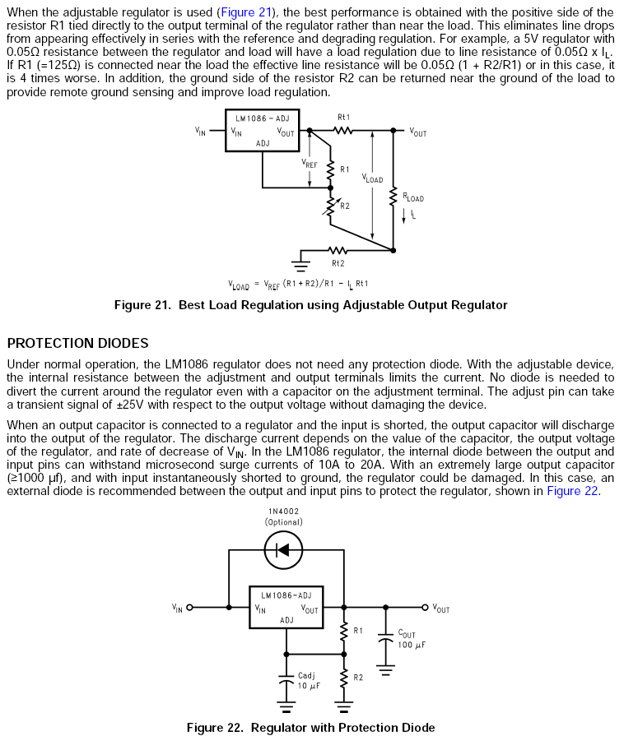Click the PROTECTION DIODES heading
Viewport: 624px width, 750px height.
click(x=77, y=343)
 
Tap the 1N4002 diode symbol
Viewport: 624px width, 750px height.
click(x=283, y=550)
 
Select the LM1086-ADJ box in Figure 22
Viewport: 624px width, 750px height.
click(x=286, y=608)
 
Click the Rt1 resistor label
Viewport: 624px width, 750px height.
click(x=343, y=118)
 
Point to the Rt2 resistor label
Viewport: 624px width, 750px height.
click(x=338, y=263)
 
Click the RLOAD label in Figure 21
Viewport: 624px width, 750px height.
click(x=412, y=197)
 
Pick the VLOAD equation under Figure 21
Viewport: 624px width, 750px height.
click(x=298, y=284)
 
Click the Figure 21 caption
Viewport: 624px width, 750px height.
click(x=310, y=305)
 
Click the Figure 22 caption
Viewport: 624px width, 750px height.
click(x=310, y=728)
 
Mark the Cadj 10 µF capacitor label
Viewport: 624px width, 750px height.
click(x=307, y=680)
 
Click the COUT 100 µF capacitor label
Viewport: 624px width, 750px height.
click(x=411, y=639)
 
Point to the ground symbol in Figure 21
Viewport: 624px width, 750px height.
click(x=300, y=265)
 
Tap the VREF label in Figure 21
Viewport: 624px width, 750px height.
click(x=309, y=164)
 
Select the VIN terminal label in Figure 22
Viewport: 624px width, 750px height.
click(x=177, y=609)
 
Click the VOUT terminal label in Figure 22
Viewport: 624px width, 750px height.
click(x=440, y=609)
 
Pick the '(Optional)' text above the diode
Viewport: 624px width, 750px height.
click(x=283, y=522)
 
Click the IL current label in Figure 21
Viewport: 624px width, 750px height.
click(x=412, y=215)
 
